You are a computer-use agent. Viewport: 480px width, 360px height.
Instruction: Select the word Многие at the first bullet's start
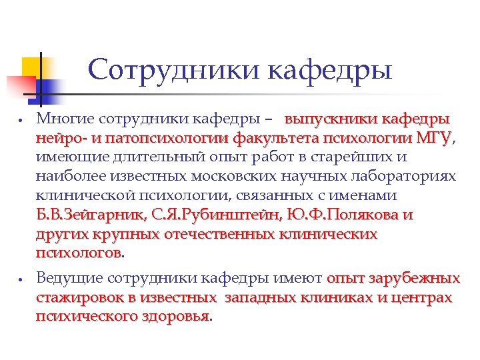pos(65,120)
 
